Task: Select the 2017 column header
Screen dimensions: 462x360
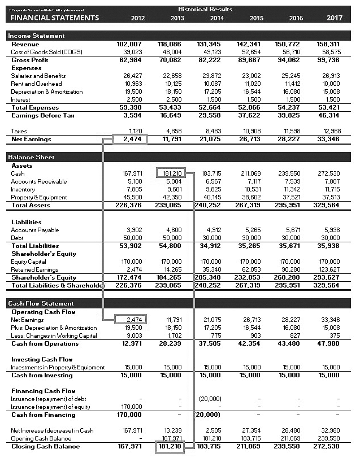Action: click(334, 18)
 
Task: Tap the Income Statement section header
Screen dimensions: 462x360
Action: click(36, 36)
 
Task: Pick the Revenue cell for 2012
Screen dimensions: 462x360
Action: click(129, 44)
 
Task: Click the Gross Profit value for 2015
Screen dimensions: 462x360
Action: click(251, 60)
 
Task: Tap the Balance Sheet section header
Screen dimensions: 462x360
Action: click(31, 157)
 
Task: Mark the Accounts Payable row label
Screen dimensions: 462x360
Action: click(35, 230)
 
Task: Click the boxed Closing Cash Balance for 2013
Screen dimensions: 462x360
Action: click(171, 446)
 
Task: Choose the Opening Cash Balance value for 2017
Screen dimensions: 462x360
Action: click(331, 438)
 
